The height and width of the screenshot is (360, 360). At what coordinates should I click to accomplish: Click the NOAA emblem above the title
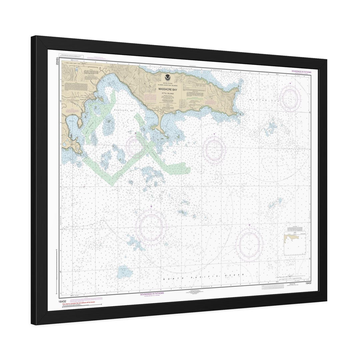166,78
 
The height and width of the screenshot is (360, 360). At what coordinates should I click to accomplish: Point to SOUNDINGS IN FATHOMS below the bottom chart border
152,294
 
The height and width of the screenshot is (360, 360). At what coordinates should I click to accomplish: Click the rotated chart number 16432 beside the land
57,61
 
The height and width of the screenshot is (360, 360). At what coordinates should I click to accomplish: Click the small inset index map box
295,243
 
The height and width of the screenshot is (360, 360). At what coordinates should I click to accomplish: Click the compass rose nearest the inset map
249,244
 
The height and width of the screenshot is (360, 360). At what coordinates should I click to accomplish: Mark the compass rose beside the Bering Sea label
290,98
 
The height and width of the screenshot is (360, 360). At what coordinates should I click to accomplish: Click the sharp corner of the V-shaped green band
112,184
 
